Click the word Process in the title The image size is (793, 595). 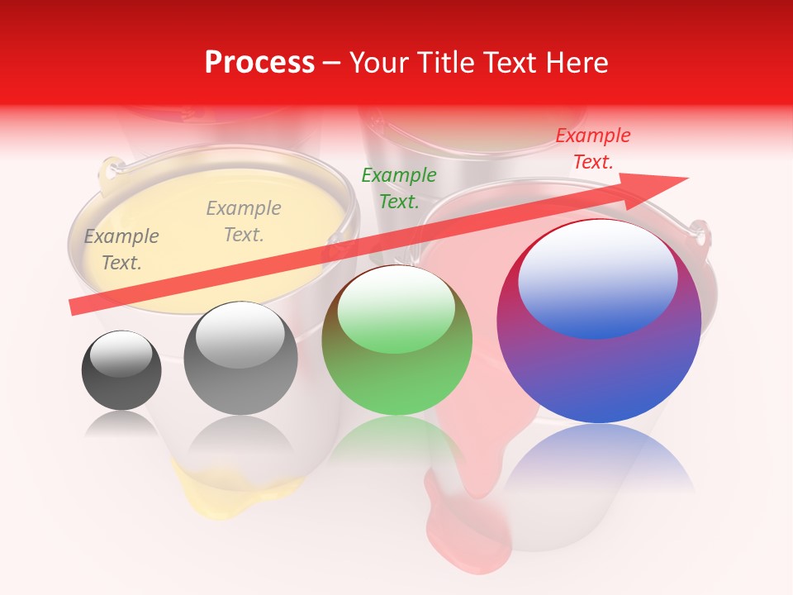point(259,63)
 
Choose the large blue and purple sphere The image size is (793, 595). point(599,372)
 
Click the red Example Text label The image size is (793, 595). point(593,149)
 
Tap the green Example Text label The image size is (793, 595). point(399,188)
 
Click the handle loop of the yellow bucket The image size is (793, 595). point(107,172)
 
